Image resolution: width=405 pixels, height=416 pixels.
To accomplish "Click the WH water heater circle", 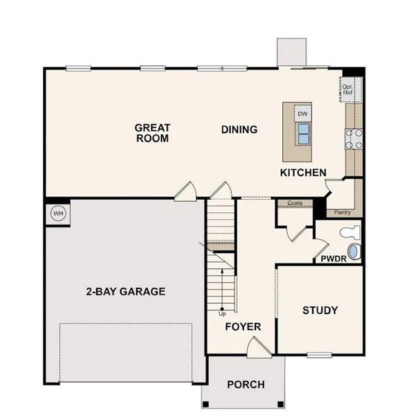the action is click(58, 214).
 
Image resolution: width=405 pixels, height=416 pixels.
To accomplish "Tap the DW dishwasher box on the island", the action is click(302, 114).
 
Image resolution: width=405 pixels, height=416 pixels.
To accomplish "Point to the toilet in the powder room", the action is click(350, 232).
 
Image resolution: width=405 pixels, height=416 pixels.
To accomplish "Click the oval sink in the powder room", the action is click(354, 252).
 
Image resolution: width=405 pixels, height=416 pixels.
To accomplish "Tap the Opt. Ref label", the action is click(347, 89).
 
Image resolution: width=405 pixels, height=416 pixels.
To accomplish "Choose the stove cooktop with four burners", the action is click(354, 139).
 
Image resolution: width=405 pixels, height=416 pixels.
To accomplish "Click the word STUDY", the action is click(320, 310).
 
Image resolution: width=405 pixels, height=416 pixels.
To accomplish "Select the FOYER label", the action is click(243, 327).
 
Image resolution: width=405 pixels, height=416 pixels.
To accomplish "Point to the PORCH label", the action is click(245, 384).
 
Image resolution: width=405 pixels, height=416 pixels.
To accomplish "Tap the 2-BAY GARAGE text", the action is click(126, 292).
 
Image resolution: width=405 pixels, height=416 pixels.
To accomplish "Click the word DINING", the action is click(239, 130).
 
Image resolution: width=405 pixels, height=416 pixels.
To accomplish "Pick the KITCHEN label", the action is click(303, 173).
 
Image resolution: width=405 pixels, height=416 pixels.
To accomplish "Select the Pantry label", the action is click(343, 213).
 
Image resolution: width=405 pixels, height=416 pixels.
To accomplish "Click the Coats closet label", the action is click(295, 203).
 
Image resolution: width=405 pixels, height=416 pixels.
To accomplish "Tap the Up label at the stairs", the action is click(222, 314).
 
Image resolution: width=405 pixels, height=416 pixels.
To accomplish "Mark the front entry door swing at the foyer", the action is click(259, 347).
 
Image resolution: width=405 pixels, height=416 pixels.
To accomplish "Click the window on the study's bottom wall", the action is click(320, 355).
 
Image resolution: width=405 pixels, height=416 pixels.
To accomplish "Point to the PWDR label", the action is click(334, 259).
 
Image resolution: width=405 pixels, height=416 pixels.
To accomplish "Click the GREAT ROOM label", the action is click(153, 133).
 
